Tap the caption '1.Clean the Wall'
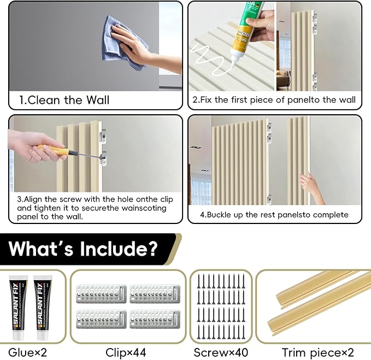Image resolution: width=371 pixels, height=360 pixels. tap(64, 100)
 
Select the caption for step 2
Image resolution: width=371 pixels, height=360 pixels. tap(274, 100)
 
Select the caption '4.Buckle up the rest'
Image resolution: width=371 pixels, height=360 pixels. tap(274, 215)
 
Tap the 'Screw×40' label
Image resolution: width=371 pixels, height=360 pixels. tap(220, 352)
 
